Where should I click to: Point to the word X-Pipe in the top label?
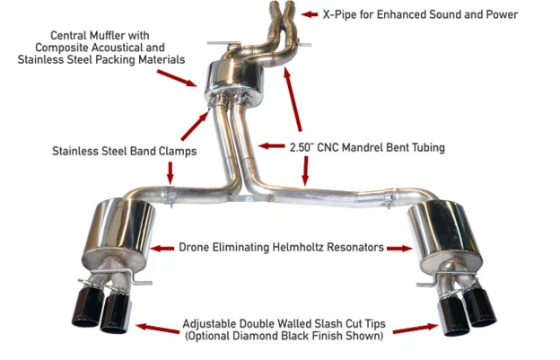point(340,14)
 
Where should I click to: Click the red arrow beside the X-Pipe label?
point(308,13)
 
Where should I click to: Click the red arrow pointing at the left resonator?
point(162,247)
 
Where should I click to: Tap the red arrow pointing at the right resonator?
point(401,247)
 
